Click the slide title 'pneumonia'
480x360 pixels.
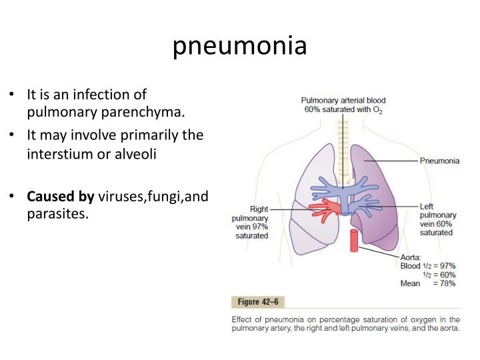[x=240, y=45]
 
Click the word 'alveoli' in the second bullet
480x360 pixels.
[x=137, y=153]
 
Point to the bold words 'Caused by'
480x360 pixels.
[x=61, y=197]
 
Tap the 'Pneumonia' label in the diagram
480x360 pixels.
[x=440, y=161]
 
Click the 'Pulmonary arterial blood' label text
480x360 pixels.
[x=343, y=100]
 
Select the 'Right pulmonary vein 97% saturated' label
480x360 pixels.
[x=251, y=222]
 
